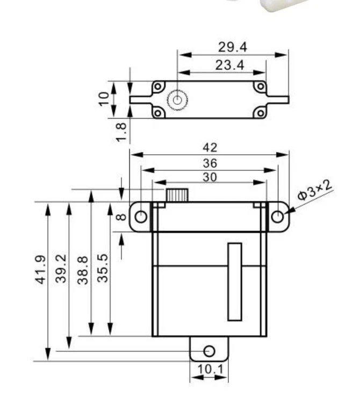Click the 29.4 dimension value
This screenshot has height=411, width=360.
click(x=232, y=47)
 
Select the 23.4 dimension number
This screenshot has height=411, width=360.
click(x=229, y=65)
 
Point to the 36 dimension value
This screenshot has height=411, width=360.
click(x=210, y=163)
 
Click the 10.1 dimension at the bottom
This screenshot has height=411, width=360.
click(x=210, y=370)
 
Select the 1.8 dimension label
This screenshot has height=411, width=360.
click(x=121, y=132)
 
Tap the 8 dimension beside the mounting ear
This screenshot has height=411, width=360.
click(x=121, y=217)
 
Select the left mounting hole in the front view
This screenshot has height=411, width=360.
click(x=141, y=217)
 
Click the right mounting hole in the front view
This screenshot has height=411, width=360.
click(x=277, y=217)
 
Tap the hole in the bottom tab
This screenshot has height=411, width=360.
click(x=210, y=351)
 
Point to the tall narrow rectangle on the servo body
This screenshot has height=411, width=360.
click(x=234, y=282)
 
